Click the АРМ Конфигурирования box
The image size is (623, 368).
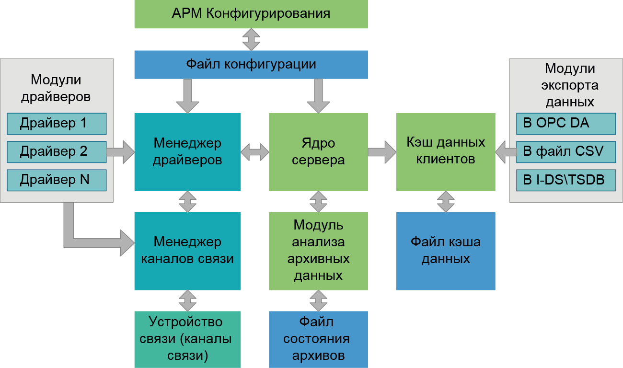tap(251, 13)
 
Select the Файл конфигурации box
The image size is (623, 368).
tap(251, 64)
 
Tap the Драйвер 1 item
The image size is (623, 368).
tap(57, 124)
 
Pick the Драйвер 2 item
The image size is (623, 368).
tap(57, 152)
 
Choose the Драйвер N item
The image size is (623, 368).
tap(57, 180)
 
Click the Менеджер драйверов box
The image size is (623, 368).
tap(187, 152)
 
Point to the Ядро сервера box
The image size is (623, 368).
tap(318, 152)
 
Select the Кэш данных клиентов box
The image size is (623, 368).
tap(446, 152)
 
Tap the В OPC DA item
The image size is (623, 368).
tap(565, 124)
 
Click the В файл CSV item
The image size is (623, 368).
tap(565, 152)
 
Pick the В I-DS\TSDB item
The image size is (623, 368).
tap(565, 180)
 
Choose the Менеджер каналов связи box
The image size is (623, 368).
tap(187, 251)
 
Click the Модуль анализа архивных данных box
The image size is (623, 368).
tap(318, 251)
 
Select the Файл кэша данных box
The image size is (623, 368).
tap(446, 251)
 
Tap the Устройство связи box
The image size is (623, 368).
tap(187, 339)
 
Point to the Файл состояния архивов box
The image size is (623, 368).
tap(318, 339)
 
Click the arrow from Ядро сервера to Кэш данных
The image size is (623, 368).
tap(382, 152)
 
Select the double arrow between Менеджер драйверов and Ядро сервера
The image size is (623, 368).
tap(255, 152)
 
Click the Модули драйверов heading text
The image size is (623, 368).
tap(56, 88)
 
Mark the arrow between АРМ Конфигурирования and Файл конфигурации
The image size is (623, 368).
tap(251, 39)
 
